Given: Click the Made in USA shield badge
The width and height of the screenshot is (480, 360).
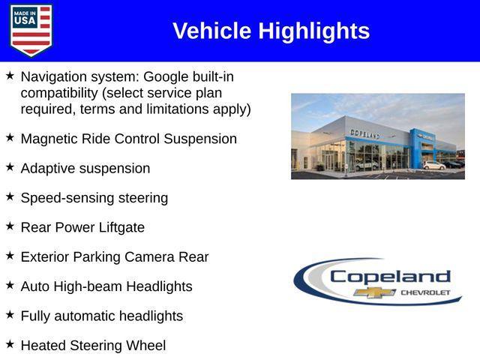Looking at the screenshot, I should click(31, 30).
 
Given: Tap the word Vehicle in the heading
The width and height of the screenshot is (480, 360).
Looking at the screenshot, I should click(212, 31).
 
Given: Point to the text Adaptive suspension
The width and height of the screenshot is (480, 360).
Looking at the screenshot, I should click(85, 169).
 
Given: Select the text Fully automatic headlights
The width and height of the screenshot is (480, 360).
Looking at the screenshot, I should click(101, 316).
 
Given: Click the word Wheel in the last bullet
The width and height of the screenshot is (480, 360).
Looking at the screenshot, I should click(146, 345).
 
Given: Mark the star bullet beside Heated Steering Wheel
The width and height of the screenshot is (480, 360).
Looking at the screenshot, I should click(10, 344).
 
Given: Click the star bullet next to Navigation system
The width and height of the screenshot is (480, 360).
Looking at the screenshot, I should click(10, 76).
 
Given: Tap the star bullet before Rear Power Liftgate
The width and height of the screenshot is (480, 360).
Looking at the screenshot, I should click(10, 226).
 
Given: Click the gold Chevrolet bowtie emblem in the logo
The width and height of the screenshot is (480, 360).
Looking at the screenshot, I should click(375, 292).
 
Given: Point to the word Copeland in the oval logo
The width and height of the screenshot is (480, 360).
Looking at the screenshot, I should click(390, 276).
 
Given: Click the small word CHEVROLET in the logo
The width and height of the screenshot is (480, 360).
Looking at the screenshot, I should click(425, 292).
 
